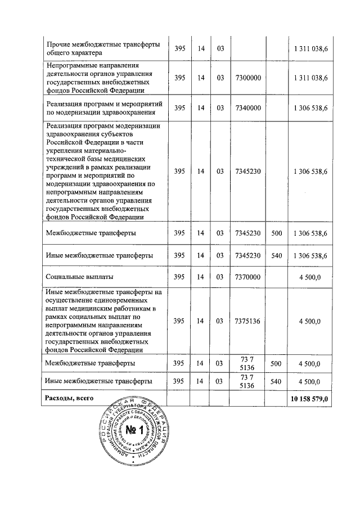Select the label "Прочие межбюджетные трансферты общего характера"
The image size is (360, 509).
pyautogui.click(x=102, y=49)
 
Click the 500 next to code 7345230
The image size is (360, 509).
pyautogui.click(x=276, y=232)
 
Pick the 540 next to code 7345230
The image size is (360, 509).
pyautogui.click(x=276, y=255)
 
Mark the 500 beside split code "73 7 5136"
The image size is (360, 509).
pyautogui.click(x=276, y=364)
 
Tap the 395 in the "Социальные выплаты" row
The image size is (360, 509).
pyautogui.click(x=179, y=277)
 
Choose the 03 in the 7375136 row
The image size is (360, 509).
pyautogui.click(x=220, y=321)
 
